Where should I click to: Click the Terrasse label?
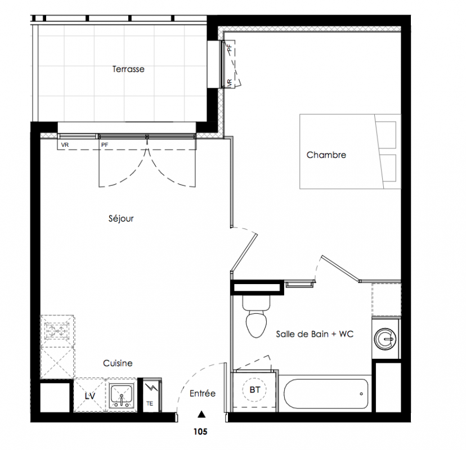(x=128, y=69)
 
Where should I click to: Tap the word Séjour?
(x=121, y=219)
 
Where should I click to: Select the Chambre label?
(x=326, y=155)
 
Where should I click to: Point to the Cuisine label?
(x=118, y=363)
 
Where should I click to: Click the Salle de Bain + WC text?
(x=315, y=334)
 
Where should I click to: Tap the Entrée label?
(x=203, y=394)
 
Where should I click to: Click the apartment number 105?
(x=200, y=431)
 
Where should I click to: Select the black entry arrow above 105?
(x=202, y=414)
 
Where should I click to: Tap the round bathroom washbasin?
(x=385, y=339)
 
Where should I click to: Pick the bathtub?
(x=326, y=394)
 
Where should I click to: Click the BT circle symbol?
(x=255, y=390)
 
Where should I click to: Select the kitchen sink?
(x=121, y=395)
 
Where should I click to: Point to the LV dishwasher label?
(x=90, y=396)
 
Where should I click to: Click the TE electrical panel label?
(x=150, y=404)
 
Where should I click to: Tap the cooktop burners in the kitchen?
(x=57, y=330)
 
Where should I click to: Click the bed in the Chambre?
(x=350, y=151)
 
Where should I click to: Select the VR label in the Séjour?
(x=65, y=145)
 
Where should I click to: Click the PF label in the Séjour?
(x=105, y=145)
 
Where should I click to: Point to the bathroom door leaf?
(x=340, y=268)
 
